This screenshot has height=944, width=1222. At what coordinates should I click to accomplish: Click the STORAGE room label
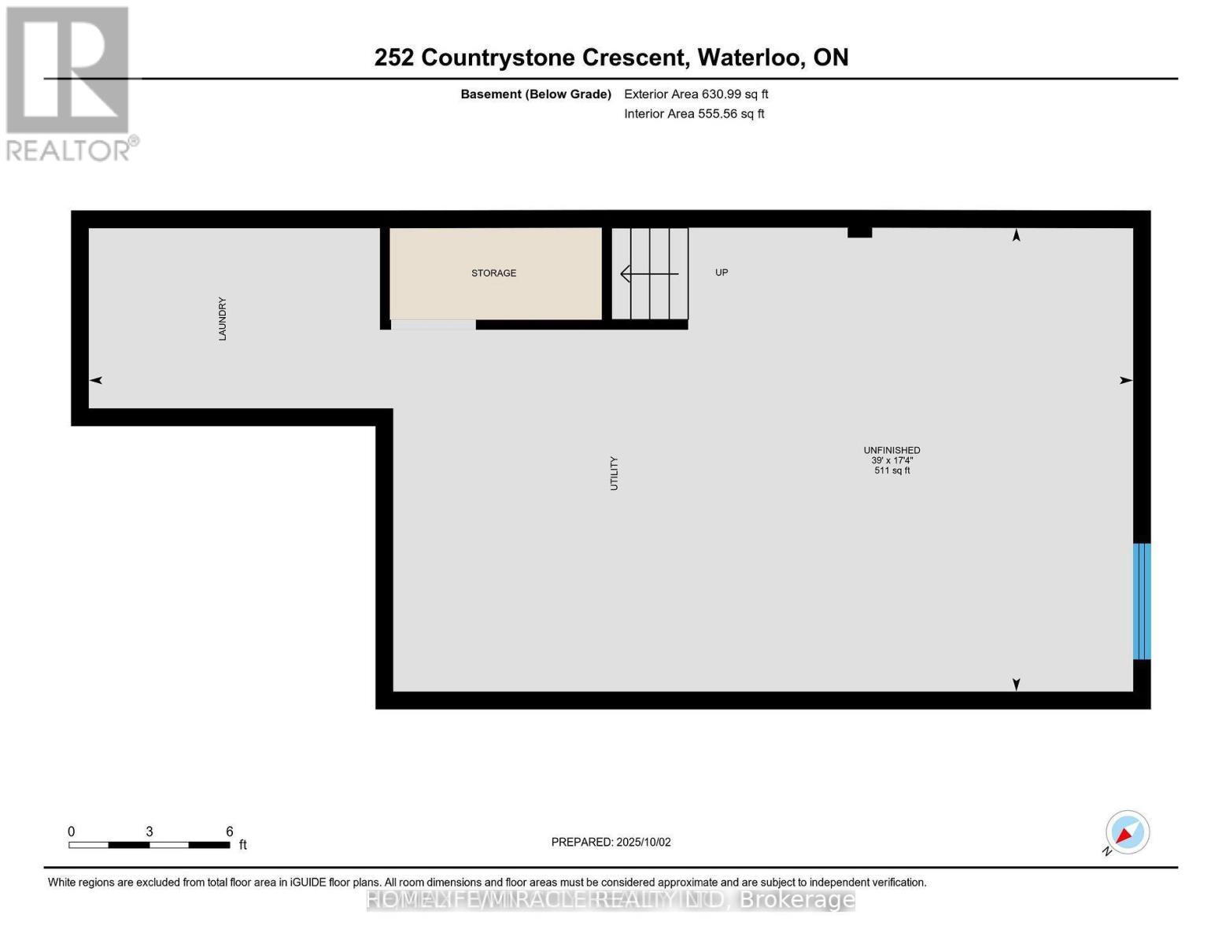[493, 273]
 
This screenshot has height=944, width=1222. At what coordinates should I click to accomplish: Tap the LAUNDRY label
[222, 319]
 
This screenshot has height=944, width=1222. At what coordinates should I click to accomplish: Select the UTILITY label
[614, 474]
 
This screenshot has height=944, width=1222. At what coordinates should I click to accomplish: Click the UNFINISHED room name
[892, 450]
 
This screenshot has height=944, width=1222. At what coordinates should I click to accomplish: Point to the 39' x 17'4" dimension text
[892, 460]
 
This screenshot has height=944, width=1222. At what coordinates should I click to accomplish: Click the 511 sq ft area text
[892, 470]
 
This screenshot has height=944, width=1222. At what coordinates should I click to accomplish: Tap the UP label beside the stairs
[721, 272]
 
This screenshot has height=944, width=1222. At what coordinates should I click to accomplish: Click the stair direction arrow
[649, 274]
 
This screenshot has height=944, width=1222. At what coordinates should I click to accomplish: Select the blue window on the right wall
[1141, 601]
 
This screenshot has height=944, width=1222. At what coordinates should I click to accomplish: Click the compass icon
[1127, 832]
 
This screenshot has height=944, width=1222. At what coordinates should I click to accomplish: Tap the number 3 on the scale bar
[149, 832]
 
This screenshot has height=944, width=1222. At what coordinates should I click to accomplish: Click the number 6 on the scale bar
[229, 832]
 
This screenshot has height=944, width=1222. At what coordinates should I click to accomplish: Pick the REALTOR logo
[69, 83]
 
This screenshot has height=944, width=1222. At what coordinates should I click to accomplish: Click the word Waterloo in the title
[748, 57]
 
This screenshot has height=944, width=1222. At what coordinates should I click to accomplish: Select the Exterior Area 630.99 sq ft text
[696, 94]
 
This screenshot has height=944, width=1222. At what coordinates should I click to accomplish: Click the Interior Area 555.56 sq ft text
[694, 114]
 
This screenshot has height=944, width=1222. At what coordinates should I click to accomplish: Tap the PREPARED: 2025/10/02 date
[611, 842]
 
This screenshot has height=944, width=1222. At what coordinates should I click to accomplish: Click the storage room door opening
[433, 324]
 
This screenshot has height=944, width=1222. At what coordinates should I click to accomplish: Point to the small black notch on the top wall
[859, 232]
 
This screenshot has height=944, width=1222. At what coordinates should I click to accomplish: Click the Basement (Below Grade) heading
[535, 94]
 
